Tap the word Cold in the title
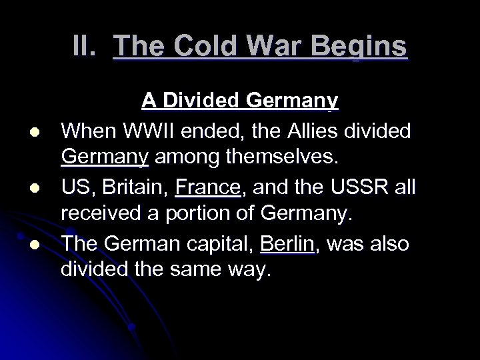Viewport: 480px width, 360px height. click(197, 47)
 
